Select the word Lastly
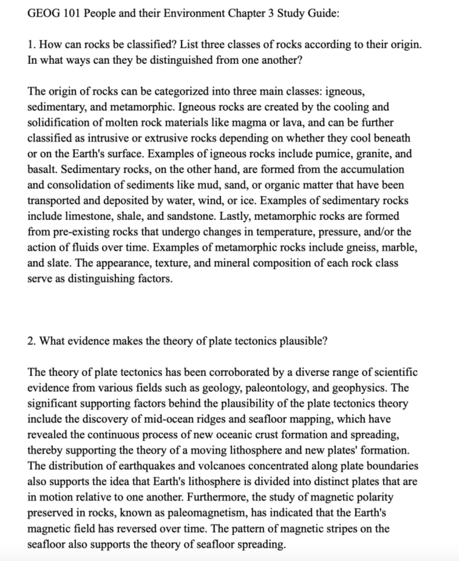click(x=236, y=216)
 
